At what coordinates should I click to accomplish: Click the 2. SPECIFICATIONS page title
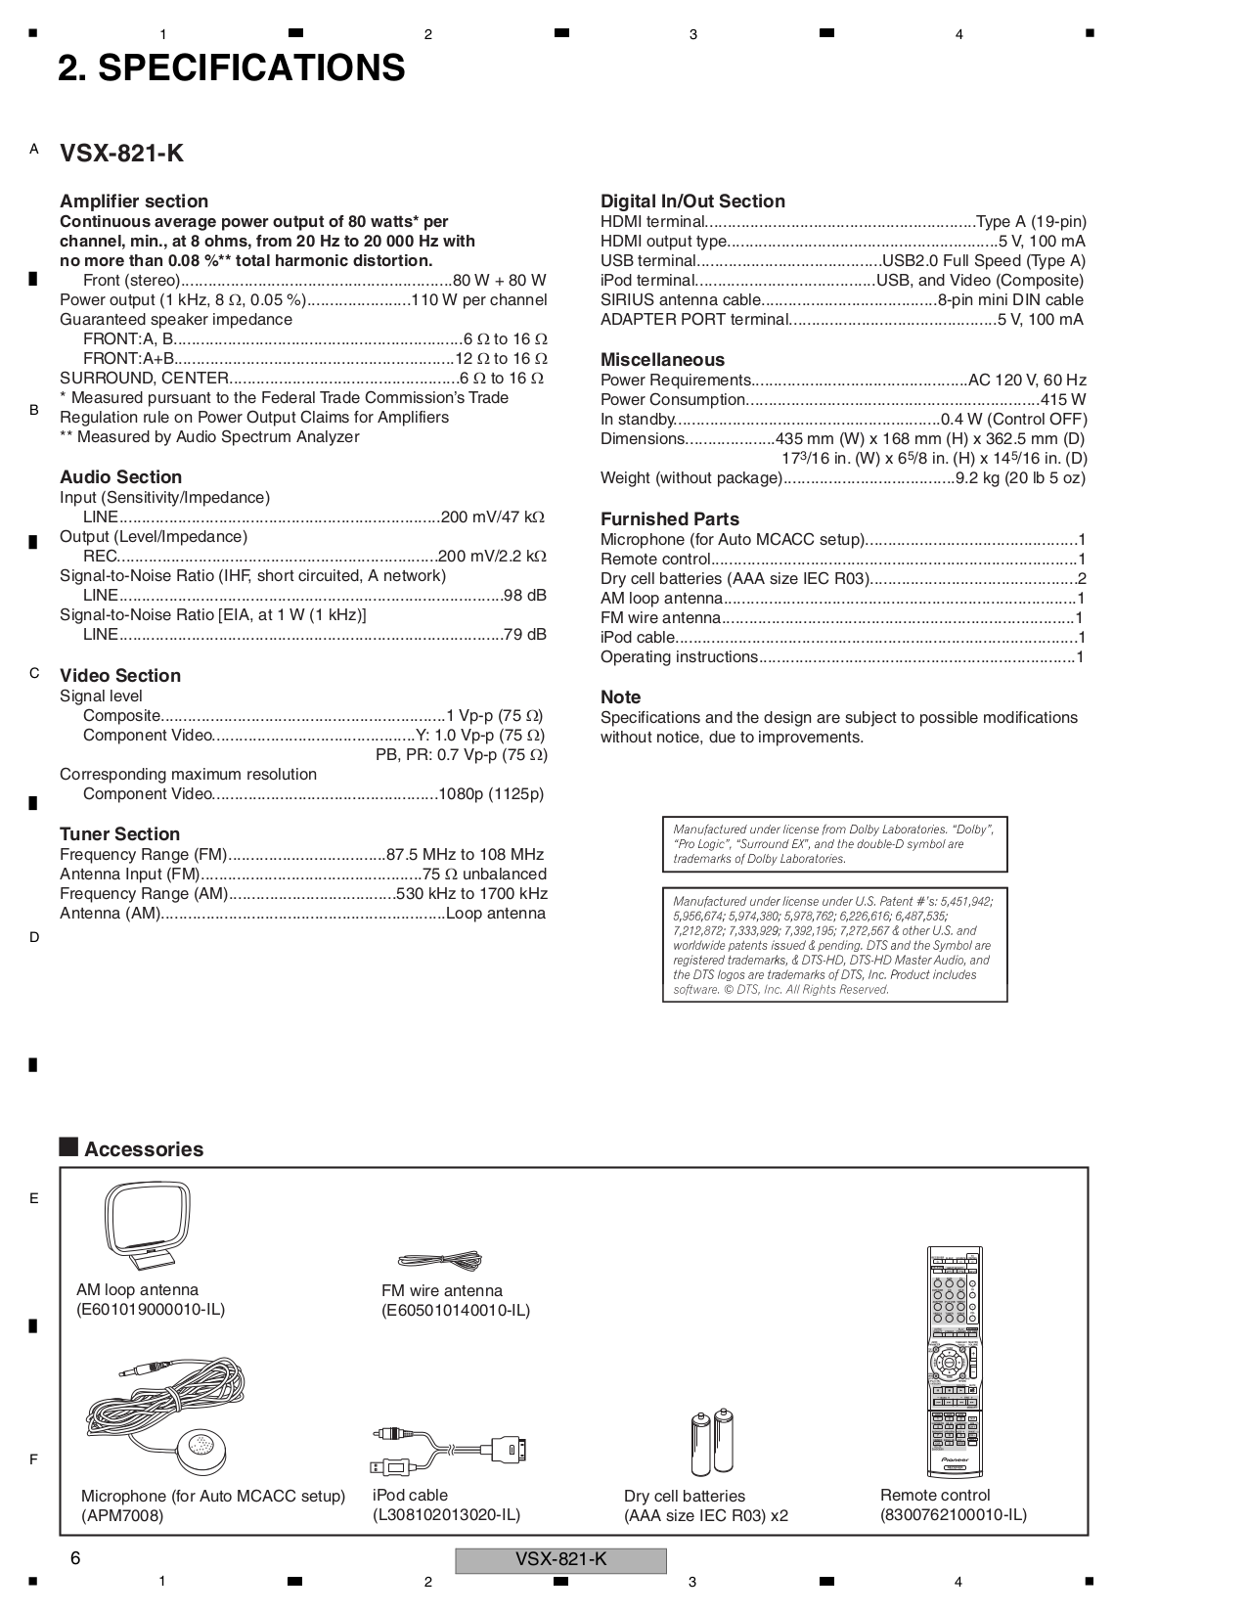(231, 68)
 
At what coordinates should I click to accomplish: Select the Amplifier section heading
(134, 202)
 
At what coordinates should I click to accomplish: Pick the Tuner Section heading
(119, 834)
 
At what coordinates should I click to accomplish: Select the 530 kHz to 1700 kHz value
(471, 894)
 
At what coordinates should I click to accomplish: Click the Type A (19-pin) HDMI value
(1031, 222)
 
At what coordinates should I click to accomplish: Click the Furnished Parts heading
(670, 519)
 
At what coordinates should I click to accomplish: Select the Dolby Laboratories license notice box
(834, 844)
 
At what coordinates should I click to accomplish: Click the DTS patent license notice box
(834, 945)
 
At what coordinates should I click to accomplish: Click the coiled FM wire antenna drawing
(440, 1261)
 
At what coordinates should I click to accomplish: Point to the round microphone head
(200, 1448)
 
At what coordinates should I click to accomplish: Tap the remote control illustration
(954, 1362)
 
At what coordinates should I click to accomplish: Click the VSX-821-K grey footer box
(560, 1560)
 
